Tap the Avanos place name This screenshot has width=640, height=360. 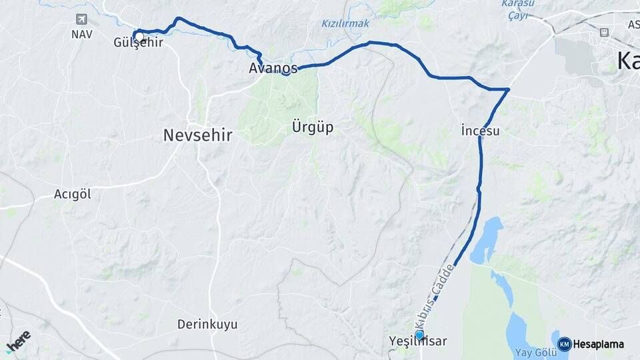[273, 68]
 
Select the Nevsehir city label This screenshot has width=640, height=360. [197, 135]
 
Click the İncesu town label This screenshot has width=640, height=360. [480, 131]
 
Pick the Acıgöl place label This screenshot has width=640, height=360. [72, 195]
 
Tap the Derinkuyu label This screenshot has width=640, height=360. [207, 325]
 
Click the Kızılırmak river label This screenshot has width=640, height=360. [345, 23]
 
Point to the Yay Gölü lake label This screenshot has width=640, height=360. [531, 352]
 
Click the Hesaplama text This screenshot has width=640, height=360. [599, 344]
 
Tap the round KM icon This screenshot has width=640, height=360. [564, 344]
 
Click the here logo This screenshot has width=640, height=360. [18, 340]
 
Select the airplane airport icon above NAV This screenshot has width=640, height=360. [81, 19]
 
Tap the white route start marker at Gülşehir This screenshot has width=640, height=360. [139, 37]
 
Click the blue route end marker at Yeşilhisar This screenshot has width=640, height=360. [419, 335]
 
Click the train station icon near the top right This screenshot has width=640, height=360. [604, 31]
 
